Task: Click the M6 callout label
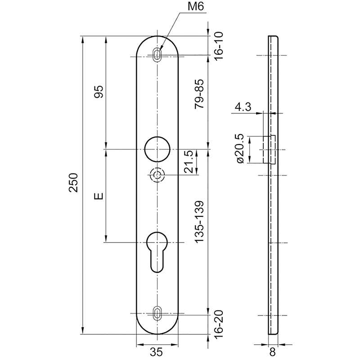coord(196,7)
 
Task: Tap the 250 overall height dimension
coord(74,183)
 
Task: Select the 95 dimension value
coord(99,92)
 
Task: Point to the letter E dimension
coord(99,196)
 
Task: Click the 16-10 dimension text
coord(219,46)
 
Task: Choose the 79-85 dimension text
coord(199,94)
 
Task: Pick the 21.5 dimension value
coord(189,162)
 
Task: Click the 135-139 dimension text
coord(199,221)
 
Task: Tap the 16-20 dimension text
coord(219,324)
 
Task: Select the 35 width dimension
coord(156,352)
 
